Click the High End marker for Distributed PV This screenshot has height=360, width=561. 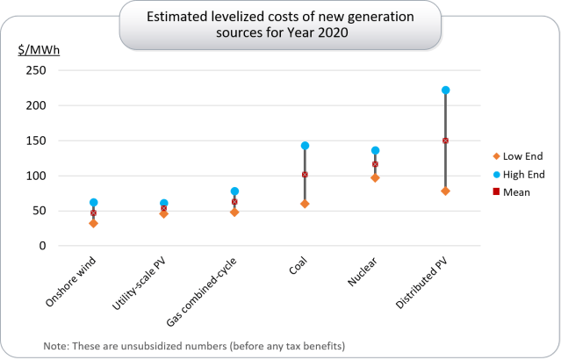click(445, 90)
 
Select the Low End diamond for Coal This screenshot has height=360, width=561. click(305, 204)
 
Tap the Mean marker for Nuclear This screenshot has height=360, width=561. click(375, 164)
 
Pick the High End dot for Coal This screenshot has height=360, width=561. click(305, 146)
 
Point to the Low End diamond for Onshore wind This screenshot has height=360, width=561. click(93, 223)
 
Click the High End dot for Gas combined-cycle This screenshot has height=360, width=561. click(234, 191)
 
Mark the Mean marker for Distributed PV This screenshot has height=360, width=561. click(445, 140)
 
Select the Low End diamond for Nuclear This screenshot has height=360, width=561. click(375, 178)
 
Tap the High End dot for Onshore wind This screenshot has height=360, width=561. click(93, 203)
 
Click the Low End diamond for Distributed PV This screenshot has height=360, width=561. click(445, 191)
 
